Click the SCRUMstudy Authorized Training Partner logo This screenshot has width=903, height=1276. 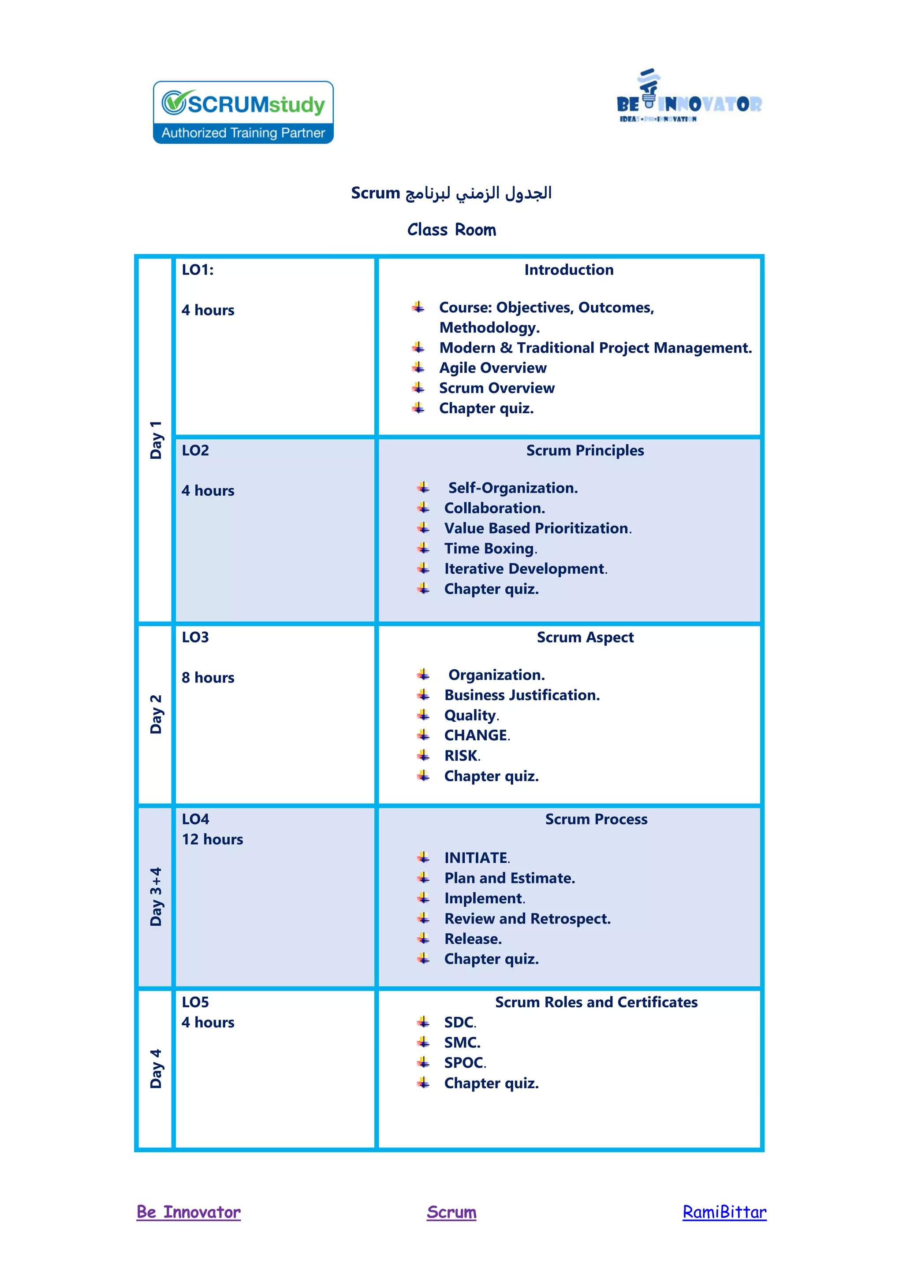pos(243,112)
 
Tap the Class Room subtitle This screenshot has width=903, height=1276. pos(451,230)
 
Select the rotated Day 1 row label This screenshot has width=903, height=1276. pos(156,440)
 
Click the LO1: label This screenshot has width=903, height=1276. pos(198,270)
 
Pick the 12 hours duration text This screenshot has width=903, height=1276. pos(213,839)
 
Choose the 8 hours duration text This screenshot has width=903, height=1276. pos(208,678)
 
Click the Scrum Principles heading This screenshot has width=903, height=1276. pos(585,450)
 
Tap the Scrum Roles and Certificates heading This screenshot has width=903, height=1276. pos(596,1002)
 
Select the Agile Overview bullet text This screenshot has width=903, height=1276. pos(493,368)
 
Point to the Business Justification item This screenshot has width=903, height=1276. pos(522,695)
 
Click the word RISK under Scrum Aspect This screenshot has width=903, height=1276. pos(462,756)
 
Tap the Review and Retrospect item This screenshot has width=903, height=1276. pos(527,919)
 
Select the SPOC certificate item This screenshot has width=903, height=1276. pos(464,1063)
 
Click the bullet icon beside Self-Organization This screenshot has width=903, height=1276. pos(424,488)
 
